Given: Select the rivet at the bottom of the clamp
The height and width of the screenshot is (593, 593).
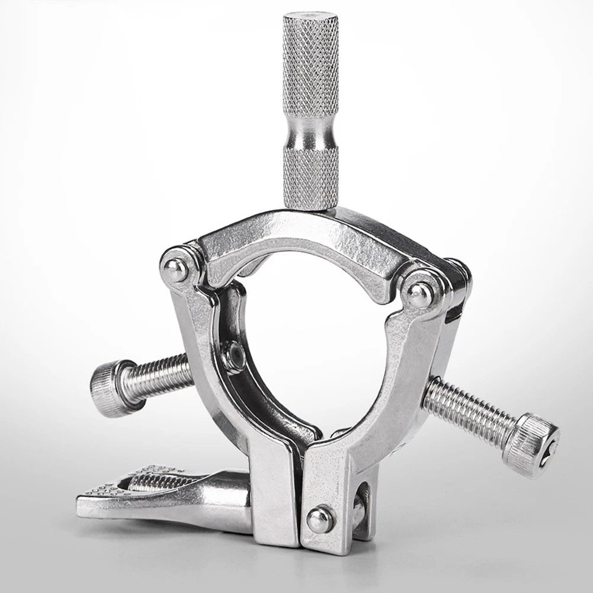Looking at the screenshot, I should tap(319, 520).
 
